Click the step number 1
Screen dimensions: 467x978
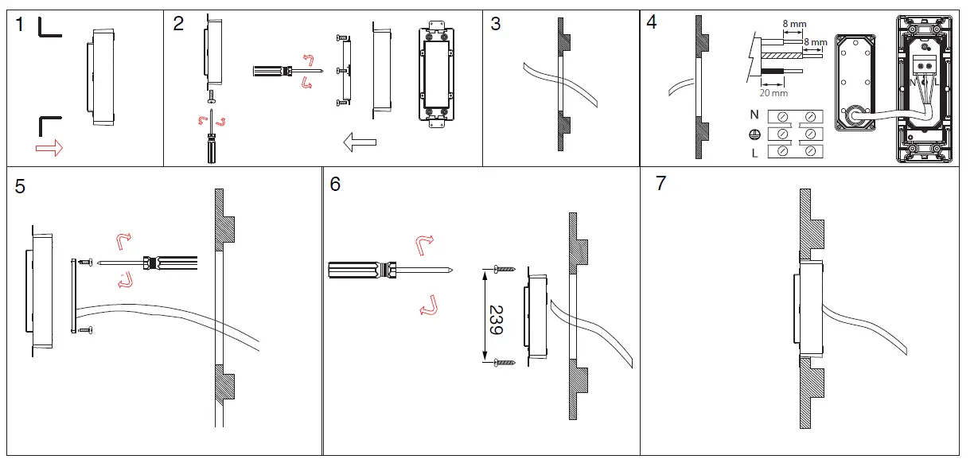[20, 25]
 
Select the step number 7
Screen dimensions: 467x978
[660, 184]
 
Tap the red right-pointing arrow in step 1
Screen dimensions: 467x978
[49, 148]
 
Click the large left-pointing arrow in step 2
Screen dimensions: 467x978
[359, 142]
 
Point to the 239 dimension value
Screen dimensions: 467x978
[496, 319]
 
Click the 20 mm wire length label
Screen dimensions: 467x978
[770, 91]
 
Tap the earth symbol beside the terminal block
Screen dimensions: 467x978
[754, 134]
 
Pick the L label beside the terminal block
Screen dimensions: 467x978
[754, 153]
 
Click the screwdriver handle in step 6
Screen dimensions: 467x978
[358, 270]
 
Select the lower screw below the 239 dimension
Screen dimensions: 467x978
[504, 363]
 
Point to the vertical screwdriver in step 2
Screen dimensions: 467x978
[211, 143]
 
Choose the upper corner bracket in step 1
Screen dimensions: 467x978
[49, 28]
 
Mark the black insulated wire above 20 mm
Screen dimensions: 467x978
[777, 72]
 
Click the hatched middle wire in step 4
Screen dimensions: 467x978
[784, 56]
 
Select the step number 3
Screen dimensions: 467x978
[496, 24]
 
